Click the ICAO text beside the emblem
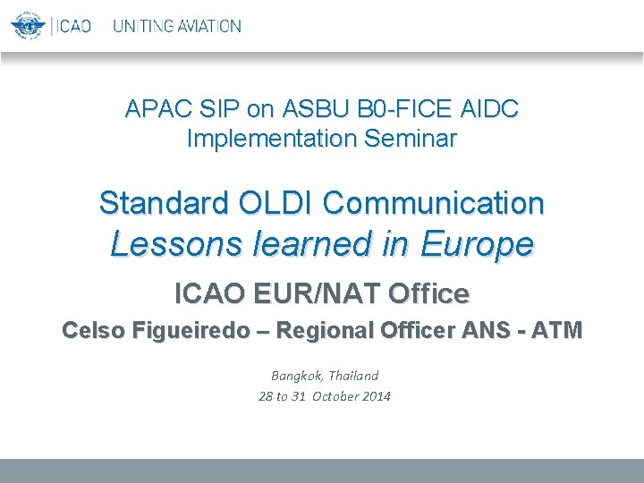(73, 26)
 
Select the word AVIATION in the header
(208, 26)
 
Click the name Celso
(94, 330)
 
